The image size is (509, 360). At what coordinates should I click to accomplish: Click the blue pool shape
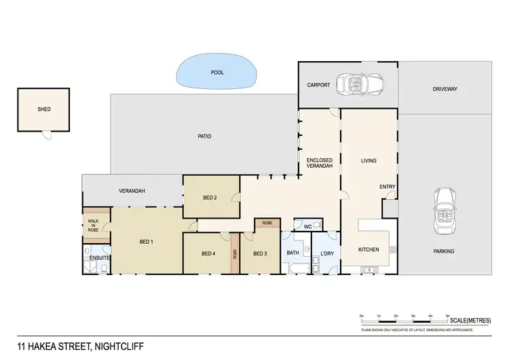pos(216,72)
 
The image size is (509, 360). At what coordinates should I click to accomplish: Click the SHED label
pos(44,109)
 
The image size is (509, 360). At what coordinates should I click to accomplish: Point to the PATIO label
pos(204,136)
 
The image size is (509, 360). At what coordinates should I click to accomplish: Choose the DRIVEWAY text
pos(445,89)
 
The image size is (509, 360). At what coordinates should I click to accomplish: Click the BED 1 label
pos(147,242)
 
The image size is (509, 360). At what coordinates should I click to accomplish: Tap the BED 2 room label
pos(210,198)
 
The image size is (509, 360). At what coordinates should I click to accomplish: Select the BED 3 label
pos(260,254)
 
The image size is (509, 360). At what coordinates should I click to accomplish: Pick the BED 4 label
pos(208,254)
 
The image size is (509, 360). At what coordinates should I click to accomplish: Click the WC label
pos(307,226)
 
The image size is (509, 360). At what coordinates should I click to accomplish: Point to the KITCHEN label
pos(369,250)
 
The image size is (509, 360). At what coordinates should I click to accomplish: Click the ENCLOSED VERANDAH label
pos(319,164)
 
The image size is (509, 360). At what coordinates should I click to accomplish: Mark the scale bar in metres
pos(404,319)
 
